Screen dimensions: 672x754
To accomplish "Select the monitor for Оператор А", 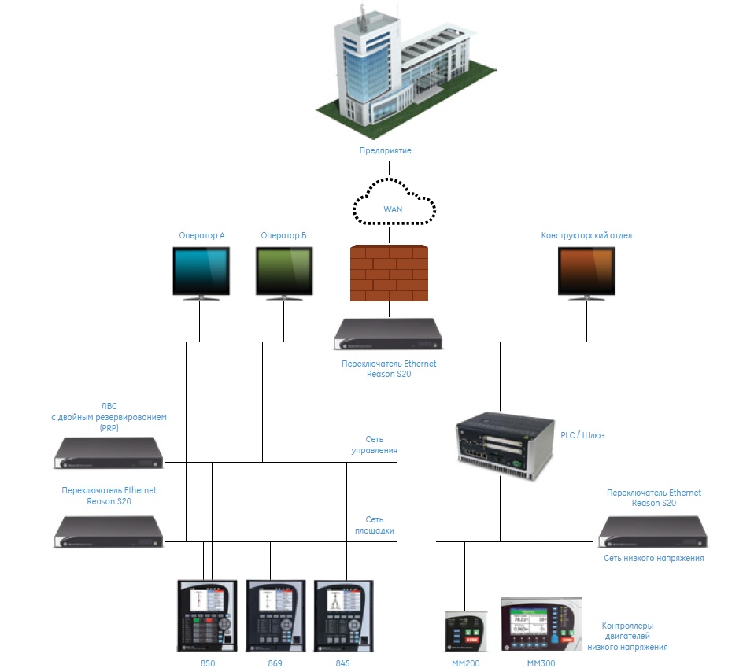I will point(201,272).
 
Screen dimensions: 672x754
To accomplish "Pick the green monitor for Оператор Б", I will point(283,272).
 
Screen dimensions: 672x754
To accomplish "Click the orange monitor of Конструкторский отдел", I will point(586,272).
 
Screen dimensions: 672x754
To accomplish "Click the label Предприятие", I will point(385,150).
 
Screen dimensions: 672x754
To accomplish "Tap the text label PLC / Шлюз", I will point(582,434).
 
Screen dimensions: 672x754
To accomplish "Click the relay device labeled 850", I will point(207,615).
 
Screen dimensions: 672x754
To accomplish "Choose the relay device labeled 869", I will point(275,615).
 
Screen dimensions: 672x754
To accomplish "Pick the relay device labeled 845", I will point(342,615).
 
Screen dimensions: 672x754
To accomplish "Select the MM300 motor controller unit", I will point(540,624).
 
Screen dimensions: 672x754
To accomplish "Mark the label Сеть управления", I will point(374,445).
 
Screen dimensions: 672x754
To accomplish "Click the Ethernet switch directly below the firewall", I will point(388,334).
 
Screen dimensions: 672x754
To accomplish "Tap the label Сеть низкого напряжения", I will point(653,558).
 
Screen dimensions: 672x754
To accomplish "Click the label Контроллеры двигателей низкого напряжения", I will point(627,637).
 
